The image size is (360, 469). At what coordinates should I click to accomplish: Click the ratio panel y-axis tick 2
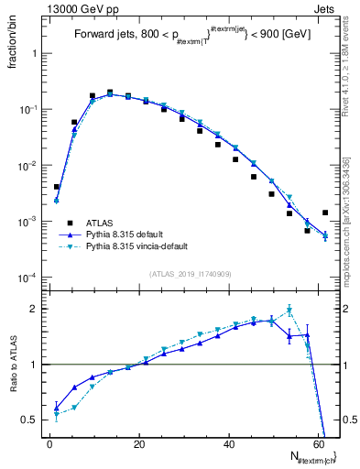(x=33, y=309)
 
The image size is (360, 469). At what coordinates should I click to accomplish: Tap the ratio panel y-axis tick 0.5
(x=30, y=420)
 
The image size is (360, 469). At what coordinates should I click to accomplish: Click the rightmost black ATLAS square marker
(x=325, y=213)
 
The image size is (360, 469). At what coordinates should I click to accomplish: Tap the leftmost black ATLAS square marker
(x=57, y=187)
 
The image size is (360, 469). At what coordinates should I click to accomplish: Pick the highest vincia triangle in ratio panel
(x=289, y=310)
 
